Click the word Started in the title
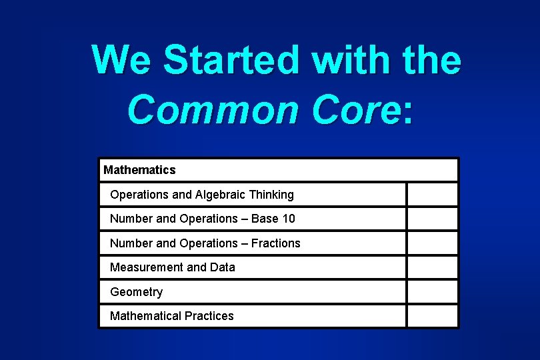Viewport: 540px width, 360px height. pyautogui.click(x=233, y=60)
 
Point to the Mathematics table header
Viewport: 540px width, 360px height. pyautogui.click(x=139, y=170)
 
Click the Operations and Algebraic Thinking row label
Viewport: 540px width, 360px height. pyautogui.click(x=201, y=195)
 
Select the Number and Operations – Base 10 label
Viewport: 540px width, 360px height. pyautogui.click(x=202, y=219)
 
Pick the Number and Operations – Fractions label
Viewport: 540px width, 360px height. pyautogui.click(x=205, y=243)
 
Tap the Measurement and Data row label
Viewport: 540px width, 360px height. pyautogui.click(x=172, y=267)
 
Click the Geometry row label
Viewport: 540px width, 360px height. pyautogui.click(x=136, y=292)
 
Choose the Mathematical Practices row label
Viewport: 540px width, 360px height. pyautogui.click(x=171, y=316)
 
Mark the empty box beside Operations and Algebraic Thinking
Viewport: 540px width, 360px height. pyautogui.click(x=433, y=195)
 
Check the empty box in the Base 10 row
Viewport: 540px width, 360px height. pyautogui.click(x=433, y=219)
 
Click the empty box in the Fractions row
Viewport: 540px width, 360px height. pyautogui.click(x=433, y=243)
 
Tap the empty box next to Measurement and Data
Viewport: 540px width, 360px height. pyautogui.click(x=433, y=267)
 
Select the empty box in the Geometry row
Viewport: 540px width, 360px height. pyautogui.click(x=433, y=292)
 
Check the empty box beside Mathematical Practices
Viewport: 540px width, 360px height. pyautogui.click(x=433, y=316)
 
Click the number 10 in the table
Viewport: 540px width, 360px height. pyautogui.click(x=288, y=219)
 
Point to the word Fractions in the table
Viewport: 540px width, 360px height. pyautogui.click(x=275, y=243)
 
